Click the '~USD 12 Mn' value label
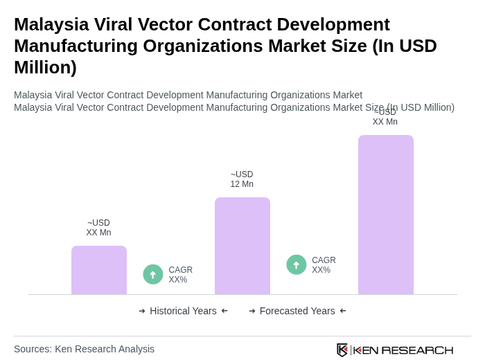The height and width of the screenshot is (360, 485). pos(242,179)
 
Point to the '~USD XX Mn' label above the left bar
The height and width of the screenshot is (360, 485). pos(98,228)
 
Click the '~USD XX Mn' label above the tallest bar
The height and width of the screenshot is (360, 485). pos(385,117)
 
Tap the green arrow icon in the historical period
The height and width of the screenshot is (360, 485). pos(153,274)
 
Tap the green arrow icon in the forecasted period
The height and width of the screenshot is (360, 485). pos(297,264)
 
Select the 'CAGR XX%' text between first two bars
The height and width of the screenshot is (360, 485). pos(180,275)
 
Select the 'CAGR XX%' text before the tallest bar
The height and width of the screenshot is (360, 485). pos(324,265)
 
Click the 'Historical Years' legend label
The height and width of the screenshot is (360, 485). pos(183,311)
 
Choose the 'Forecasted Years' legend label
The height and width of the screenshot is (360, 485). pos(297,311)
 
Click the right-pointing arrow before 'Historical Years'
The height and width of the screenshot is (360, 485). pos(142,311)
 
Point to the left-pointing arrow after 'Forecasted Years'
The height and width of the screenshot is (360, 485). pos(343,311)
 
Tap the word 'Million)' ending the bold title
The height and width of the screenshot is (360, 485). pos(45,67)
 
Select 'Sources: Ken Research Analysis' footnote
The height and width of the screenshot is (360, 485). pos(84,349)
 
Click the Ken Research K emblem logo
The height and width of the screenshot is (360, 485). pos(342,350)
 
